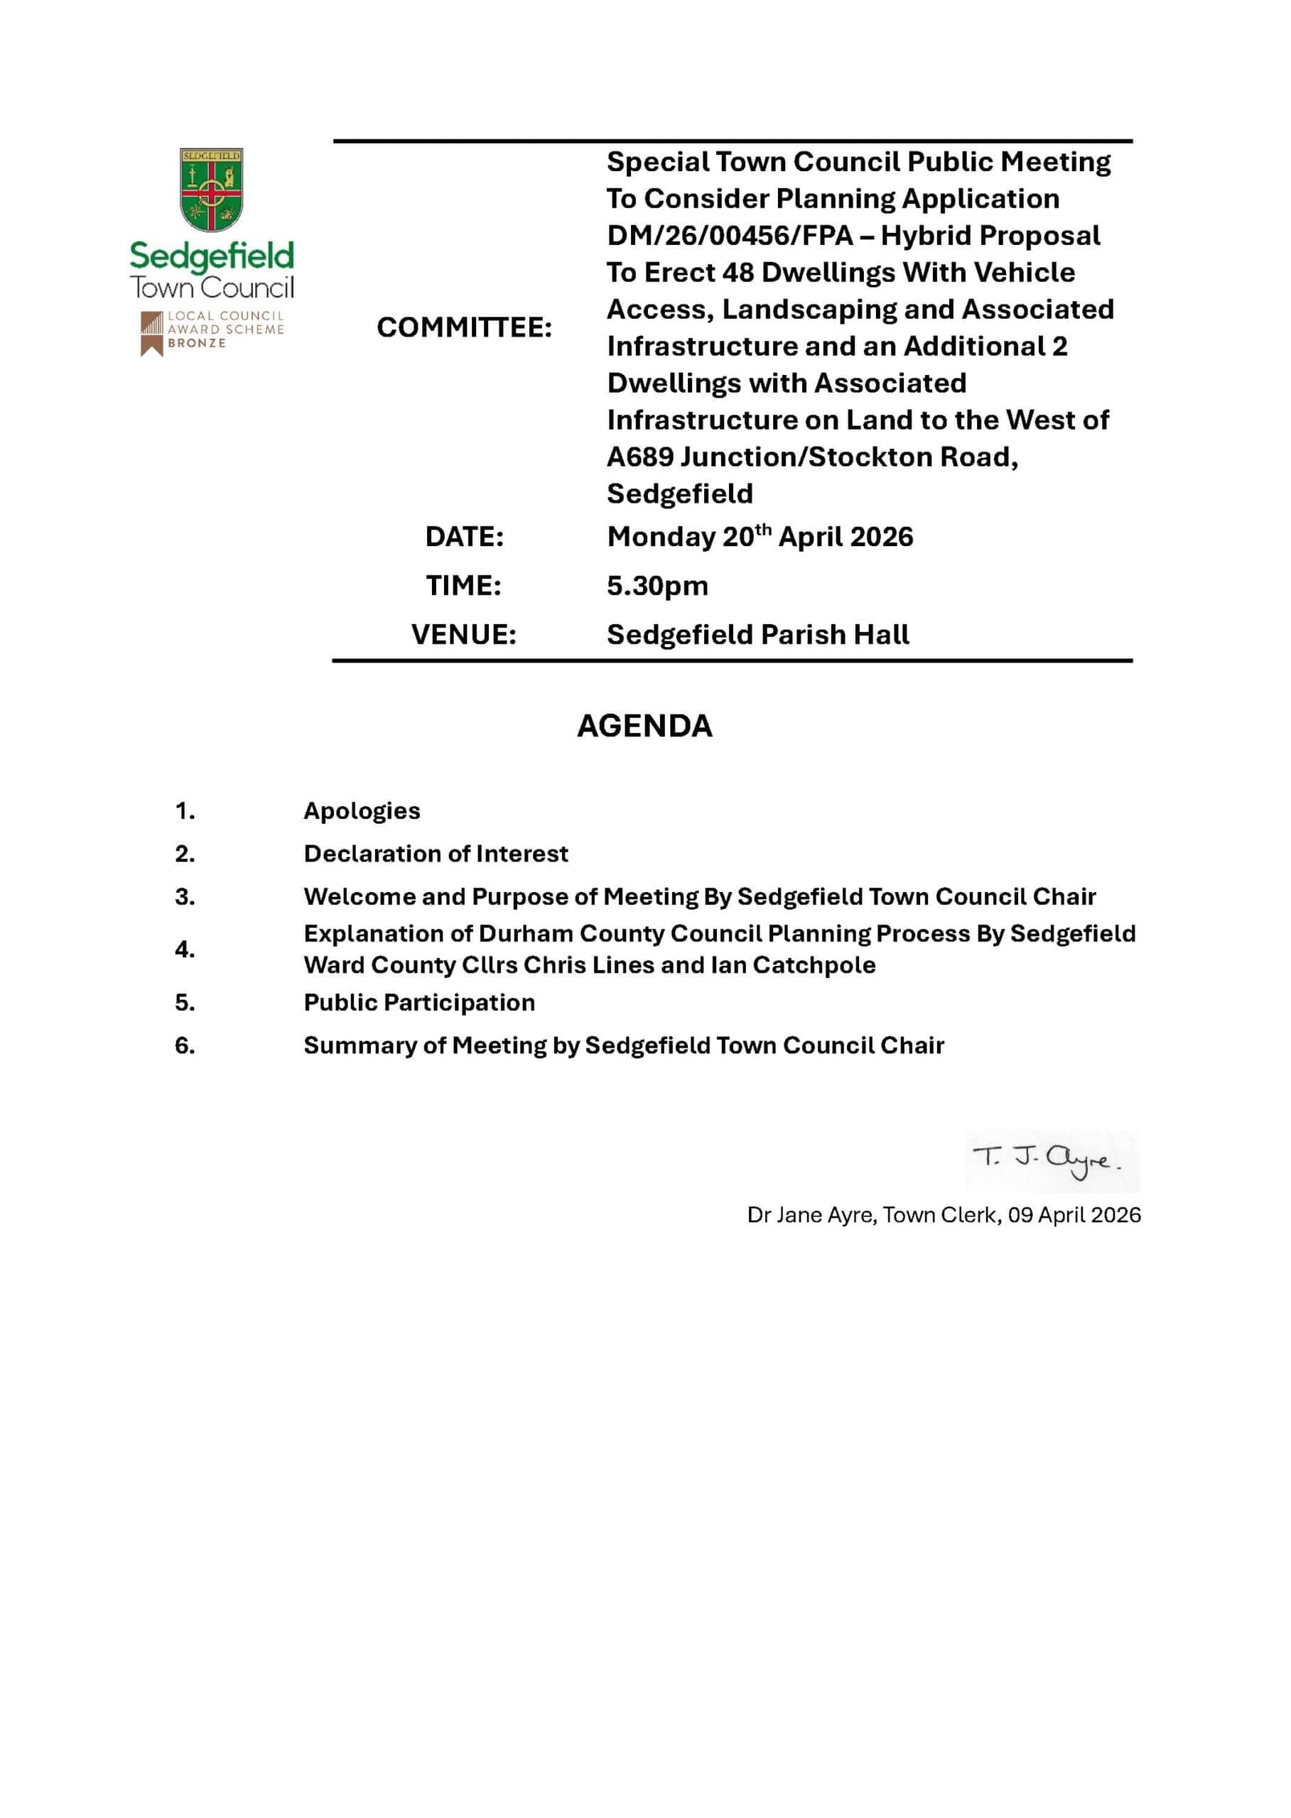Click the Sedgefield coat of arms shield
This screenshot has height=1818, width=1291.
pos(210,189)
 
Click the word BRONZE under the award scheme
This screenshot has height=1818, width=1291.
pos(196,343)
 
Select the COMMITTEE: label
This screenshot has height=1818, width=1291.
pos(464,327)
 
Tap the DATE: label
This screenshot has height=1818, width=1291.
pos(464,537)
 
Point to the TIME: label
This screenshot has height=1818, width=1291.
pos(463,586)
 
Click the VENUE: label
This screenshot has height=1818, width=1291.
pos(463,635)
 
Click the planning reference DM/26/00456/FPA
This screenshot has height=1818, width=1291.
pos(729,236)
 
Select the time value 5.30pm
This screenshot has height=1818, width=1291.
pos(657,587)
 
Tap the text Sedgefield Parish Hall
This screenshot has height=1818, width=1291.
pos(757,635)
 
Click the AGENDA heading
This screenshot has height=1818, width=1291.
pos(644,726)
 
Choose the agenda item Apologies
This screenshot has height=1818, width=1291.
pos(362,811)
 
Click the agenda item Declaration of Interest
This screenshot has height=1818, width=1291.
pos(436,854)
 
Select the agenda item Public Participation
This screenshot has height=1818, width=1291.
pos(419,1003)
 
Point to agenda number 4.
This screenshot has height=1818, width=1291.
pos(185,949)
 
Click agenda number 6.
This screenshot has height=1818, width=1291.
pos(185,1045)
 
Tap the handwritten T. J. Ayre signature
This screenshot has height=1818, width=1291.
pos(1048,1160)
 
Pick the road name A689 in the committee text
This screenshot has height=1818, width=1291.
pos(639,457)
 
